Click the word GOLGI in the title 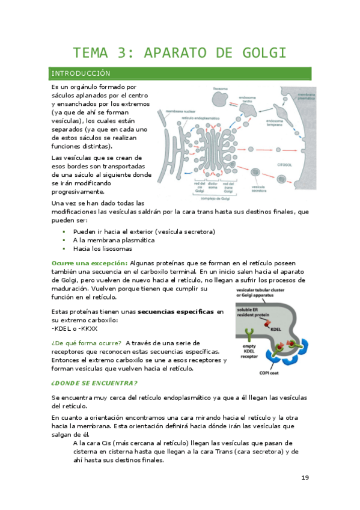point(260,52)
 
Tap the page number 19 point(305,478)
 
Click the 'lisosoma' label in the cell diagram point(221,88)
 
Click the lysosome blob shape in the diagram point(221,99)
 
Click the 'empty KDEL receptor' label point(249,351)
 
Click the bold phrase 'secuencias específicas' point(176,312)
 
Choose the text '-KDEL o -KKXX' point(75,328)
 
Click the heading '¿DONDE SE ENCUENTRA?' point(94,383)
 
